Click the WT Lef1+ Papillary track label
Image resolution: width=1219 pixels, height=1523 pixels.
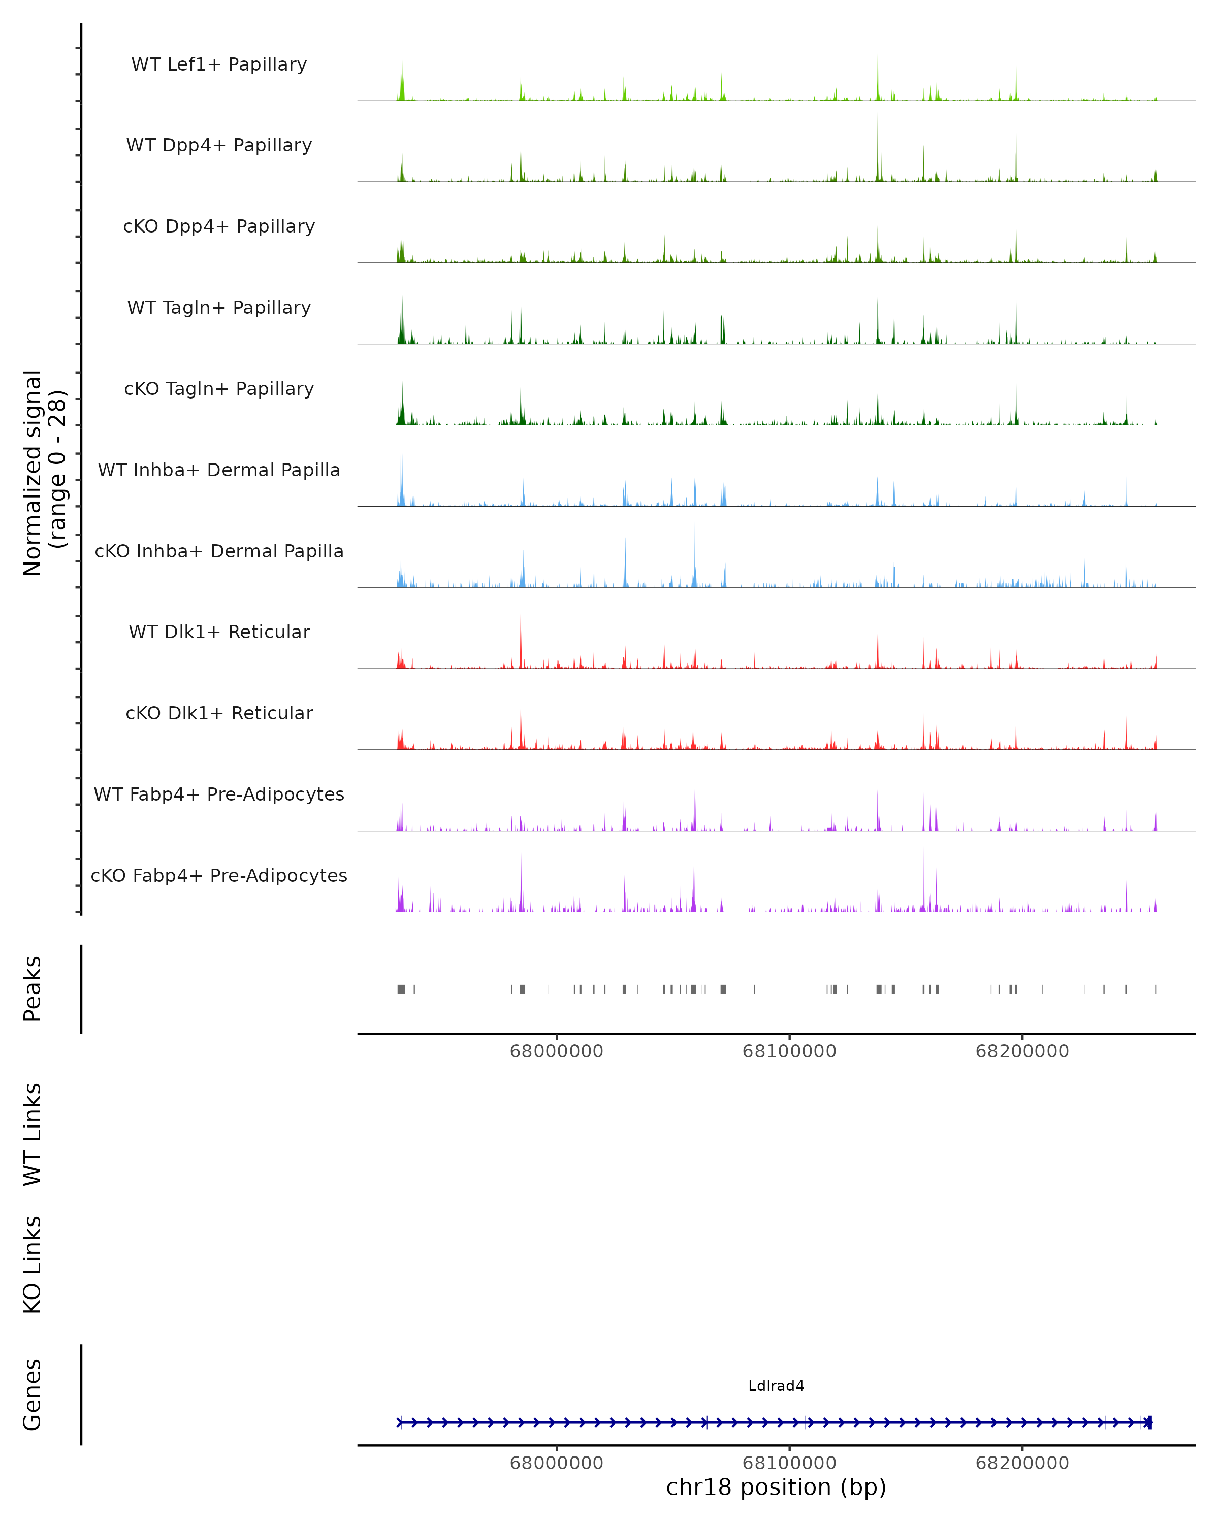pos(219,64)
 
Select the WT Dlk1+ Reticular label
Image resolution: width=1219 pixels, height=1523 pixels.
pos(219,632)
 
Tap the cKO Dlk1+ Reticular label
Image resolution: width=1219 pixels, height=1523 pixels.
pos(219,713)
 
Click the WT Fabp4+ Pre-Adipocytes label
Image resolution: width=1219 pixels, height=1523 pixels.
pos(219,794)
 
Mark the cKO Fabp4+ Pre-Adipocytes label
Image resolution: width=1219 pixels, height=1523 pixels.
pos(219,875)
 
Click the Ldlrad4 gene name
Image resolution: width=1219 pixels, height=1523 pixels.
pos(776,1386)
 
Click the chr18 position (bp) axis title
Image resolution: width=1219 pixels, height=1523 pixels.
pos(776,1487)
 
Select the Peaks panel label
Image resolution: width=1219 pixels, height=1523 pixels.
pos(33,989)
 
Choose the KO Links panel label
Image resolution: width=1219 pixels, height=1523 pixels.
pos(33,1265)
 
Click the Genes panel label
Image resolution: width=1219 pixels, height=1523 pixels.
pos(33,1395)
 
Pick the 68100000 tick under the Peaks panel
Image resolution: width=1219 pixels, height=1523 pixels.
pos(789,1051)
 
